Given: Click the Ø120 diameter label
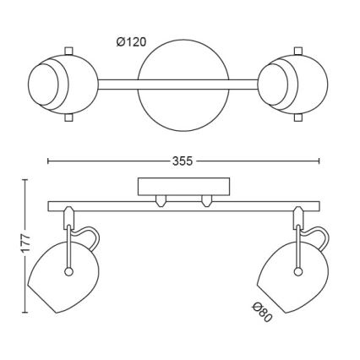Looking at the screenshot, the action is tap(132, 42).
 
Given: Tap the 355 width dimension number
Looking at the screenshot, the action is tap(183, 161).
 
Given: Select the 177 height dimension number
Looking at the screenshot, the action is tap(25, 243).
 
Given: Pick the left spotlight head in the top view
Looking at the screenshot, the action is tap(63, 85).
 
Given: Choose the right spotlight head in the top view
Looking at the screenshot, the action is tap(293, 85).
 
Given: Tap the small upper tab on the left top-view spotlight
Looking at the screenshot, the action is tap(68, 51).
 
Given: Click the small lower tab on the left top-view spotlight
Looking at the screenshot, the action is tap(68, 117).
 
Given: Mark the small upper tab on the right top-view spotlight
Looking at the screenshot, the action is tap(298, 51).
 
